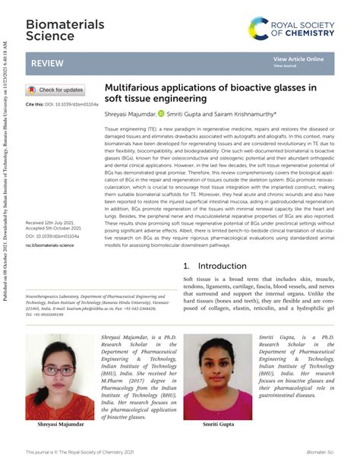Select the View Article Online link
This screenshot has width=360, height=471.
pos(298,59)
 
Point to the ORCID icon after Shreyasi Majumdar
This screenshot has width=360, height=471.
pos(160,113)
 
